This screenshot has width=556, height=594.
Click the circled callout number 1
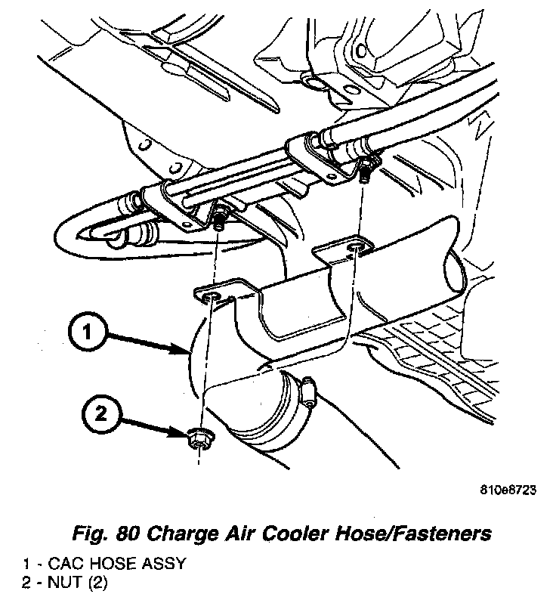[88, 331]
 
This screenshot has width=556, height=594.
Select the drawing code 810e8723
[507, 489]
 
